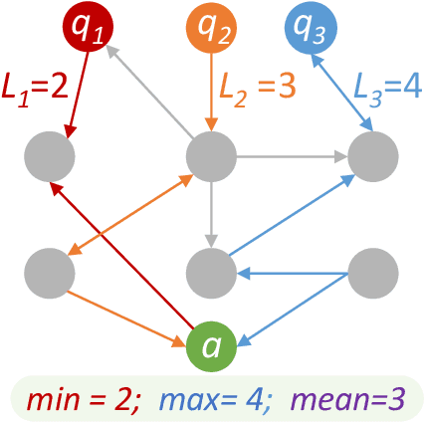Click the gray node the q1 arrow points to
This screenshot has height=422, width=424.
click(x=50, y=154)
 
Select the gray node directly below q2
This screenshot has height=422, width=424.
click(x=211, y=154)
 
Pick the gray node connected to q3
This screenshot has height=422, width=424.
click(x=373, y=154)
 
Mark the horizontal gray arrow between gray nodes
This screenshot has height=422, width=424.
click(x=293, y=155)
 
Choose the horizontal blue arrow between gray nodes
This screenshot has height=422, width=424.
click(x=293, y=270)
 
